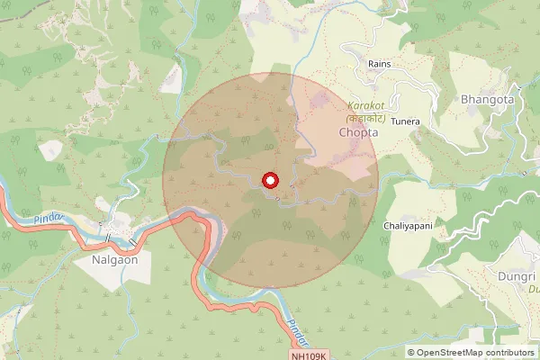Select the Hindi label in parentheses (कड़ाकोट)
[x=366, y=118]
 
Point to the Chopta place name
[x=358, y=131]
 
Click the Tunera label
[x=406, y=121]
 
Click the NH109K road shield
[x=310, y=356]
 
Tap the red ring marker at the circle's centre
[x=269, y=181]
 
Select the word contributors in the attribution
[x=507, y=352]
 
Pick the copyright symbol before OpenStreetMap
[x=411, y=352]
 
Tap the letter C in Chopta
[x=343, y=131]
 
